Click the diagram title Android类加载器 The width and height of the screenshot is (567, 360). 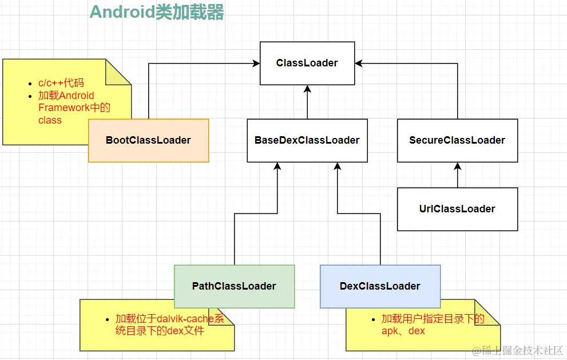[157, 12]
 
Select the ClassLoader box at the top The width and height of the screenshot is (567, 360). [307, 63]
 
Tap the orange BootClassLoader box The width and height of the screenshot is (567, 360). [148, 140]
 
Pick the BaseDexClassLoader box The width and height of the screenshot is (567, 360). [307, 140]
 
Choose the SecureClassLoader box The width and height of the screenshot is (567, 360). [457, 140]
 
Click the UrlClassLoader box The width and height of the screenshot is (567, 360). [457, 209]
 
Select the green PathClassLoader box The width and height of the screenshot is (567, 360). [234, 286]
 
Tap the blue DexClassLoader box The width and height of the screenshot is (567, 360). [380, 286]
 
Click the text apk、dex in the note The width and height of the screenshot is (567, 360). [403, 331]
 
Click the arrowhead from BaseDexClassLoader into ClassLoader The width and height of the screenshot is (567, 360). [307, 88]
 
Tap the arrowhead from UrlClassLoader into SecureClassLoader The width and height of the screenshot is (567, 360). [458, 166]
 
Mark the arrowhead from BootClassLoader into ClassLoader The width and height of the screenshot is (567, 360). [256, 64]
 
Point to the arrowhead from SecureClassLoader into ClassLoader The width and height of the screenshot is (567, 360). [358, 64]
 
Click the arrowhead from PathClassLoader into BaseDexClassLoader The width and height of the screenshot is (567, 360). [277, 166]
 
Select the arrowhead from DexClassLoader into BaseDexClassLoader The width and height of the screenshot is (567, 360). [338, 166]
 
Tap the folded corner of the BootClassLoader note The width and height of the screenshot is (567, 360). [119, 73]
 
